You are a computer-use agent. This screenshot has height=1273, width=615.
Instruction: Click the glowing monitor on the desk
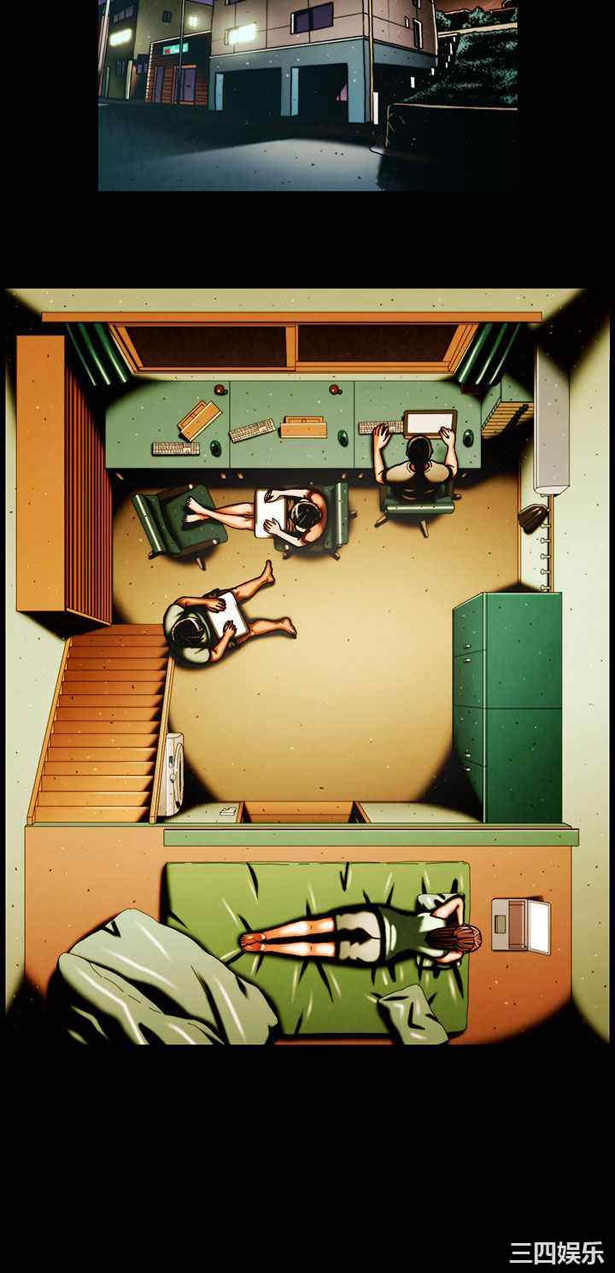pos(430,423)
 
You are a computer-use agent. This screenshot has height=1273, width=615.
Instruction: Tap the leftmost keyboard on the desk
pos(176,448)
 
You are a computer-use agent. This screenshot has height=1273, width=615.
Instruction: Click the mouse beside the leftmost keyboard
pos(216,448)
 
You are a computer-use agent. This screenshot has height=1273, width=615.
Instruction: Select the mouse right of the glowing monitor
pos(468,437)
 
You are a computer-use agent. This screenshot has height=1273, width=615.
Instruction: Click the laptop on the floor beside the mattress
pos(521,925)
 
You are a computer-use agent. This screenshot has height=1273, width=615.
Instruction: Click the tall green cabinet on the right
pos(507,707)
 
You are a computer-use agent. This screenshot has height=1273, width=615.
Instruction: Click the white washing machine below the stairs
pos(171,774)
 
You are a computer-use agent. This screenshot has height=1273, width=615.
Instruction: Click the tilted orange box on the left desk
pos(199,419)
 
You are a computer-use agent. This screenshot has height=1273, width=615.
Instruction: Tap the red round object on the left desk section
pos(220,389)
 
